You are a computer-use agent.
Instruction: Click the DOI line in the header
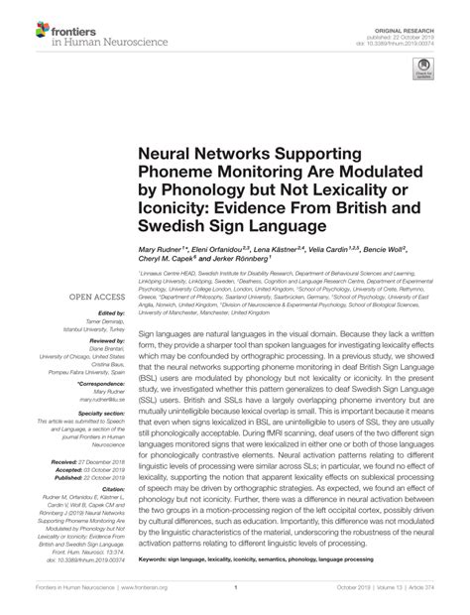[x=408, y=29]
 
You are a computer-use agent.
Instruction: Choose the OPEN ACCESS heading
[x=95, y=297]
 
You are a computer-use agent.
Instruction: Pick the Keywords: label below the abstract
[x=157, y=562]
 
